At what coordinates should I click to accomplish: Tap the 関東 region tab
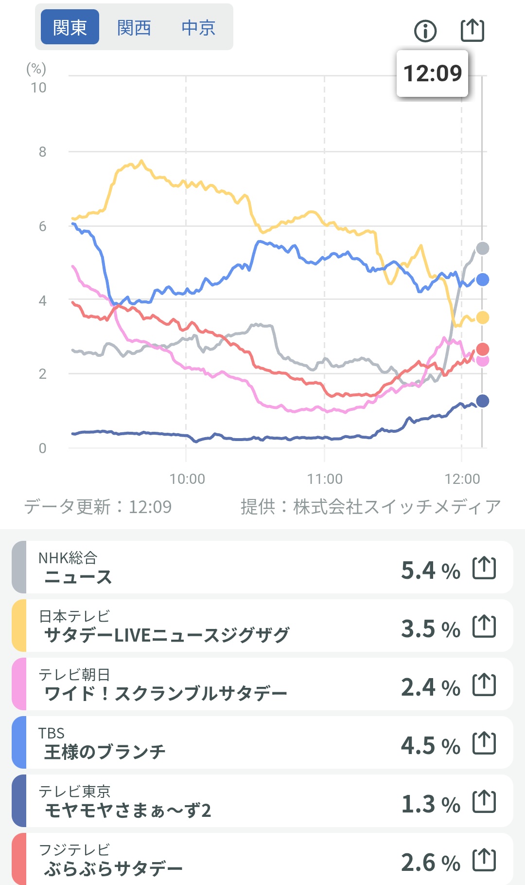pos(70,27)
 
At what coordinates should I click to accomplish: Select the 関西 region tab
pos(134,27)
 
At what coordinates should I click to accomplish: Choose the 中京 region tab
pos(198,27)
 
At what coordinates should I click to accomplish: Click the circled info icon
pos(425,31)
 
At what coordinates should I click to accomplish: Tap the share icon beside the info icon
pos(472,30)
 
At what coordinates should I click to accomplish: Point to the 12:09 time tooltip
pos(432,74)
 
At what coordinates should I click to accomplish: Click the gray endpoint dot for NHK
pos(482,248)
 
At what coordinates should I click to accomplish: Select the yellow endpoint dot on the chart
pos(482,317)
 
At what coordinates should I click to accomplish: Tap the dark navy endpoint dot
pos(482,401)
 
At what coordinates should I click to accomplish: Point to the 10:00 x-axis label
pos(187,479)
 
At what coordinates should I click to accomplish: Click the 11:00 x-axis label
pos(325,479)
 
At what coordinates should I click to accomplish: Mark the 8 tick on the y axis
pos(43,152)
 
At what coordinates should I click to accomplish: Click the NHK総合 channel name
pos(68,558)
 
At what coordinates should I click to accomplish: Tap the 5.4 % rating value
pos(430,570)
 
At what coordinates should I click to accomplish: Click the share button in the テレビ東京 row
pos(484,802)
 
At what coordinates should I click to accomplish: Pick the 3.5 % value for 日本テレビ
pos(430,628)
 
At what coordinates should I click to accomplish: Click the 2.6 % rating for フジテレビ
pos(430,862)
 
